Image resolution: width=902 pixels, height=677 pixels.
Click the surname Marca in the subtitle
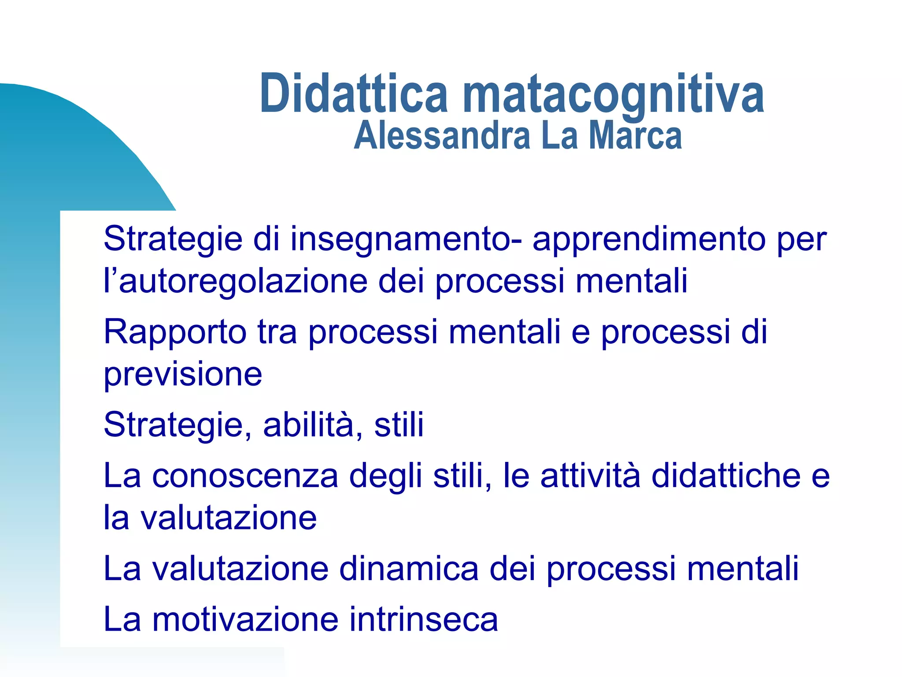(636, 136)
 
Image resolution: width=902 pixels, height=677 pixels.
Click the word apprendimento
(649, 239)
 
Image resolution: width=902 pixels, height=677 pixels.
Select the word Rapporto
(175, 332)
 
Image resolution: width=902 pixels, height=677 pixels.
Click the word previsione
(183, 374)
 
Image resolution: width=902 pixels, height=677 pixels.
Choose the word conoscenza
(245, 476)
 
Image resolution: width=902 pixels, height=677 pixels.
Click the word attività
(590, 476)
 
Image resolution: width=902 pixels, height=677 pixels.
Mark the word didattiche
(726, 476)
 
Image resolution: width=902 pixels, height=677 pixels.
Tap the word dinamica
(409, 569)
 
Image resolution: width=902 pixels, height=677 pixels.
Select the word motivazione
(245, 619)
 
